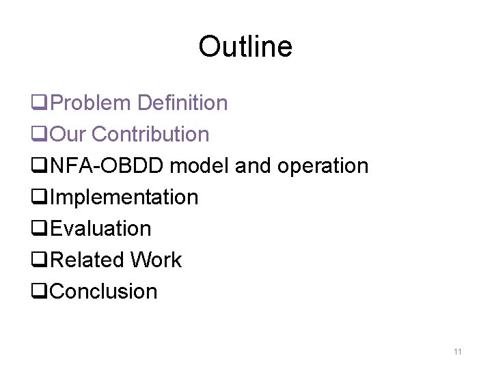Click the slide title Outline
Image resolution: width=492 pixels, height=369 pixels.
point(245,46)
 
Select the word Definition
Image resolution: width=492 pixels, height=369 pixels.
point(182,103)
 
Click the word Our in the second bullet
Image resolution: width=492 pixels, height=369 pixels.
point(68,135)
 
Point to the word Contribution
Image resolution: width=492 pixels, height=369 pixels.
point(150,135)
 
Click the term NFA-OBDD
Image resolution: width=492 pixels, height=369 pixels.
point(109,166)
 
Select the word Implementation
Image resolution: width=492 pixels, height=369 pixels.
point(124,198)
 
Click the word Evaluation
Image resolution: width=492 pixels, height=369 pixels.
point(101,229)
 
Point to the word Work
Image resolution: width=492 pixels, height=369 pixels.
point(156,260)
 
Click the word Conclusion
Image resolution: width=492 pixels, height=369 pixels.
point(104,292)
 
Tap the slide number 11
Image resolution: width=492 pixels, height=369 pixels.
point(458,352)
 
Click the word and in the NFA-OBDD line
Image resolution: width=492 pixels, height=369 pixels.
point(252,166)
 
